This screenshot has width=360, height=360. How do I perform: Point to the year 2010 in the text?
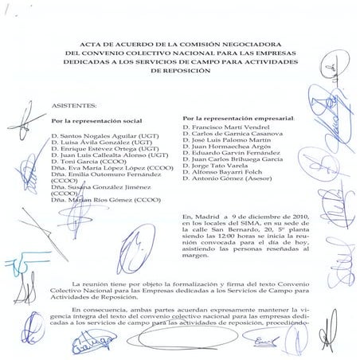click(x=294, y=217)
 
